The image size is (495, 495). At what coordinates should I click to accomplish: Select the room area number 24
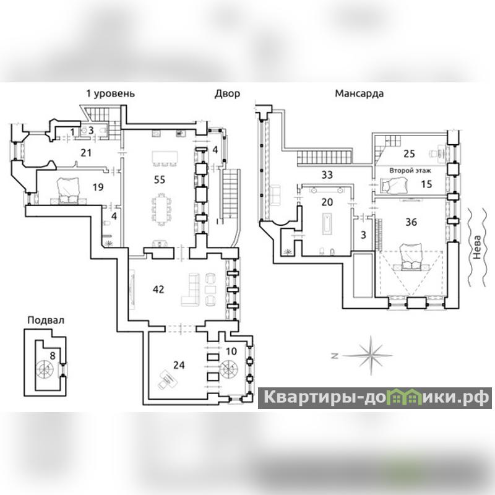coord(179,365)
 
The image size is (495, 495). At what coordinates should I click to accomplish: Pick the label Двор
coord(227,93)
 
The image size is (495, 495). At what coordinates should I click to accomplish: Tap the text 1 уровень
coord(110,93)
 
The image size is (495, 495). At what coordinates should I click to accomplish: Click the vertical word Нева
coord(475,247)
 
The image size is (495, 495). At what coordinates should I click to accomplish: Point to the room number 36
coord(410,222)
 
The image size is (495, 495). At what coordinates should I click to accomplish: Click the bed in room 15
coord(390,184)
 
